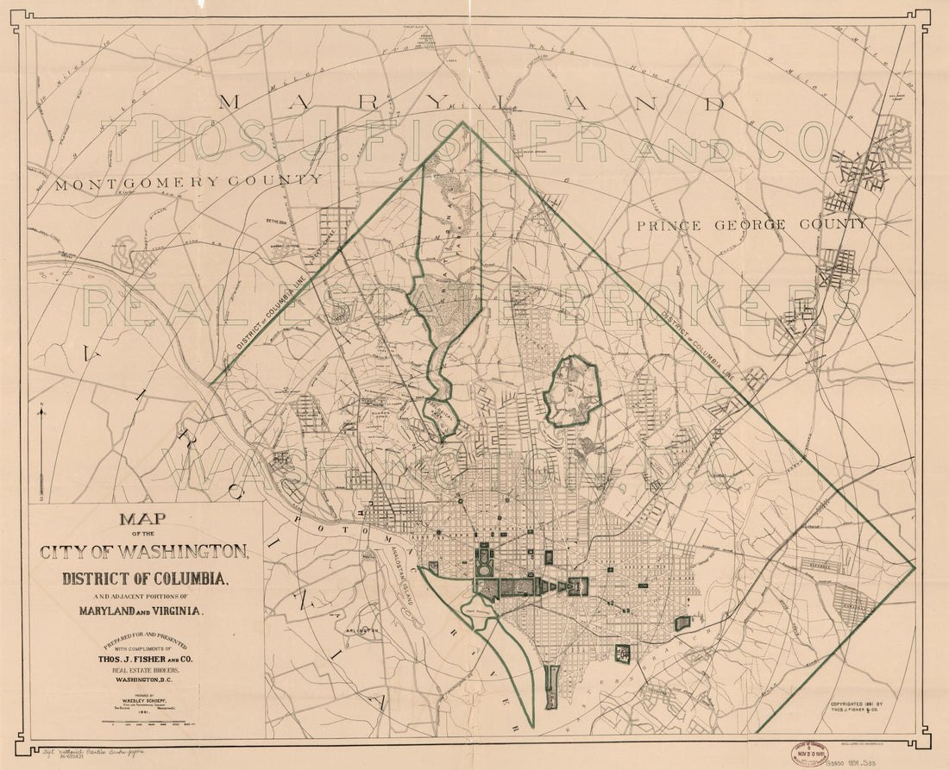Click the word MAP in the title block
click(144, 522)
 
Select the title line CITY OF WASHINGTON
click(144, 551)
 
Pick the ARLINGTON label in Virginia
click(363, 631)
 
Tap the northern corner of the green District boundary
click(463, 122)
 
